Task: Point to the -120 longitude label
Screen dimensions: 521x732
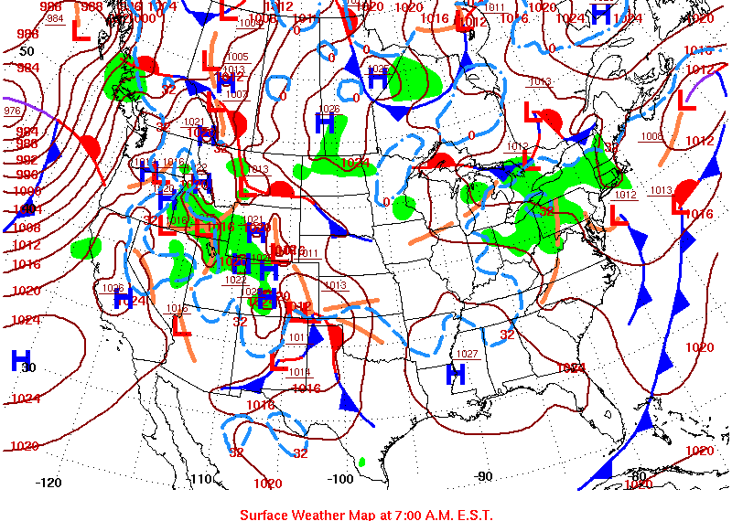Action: tap(48, 482)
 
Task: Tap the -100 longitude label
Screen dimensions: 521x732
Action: tap(340, 479)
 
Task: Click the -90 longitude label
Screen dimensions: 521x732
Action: tap(484, 476)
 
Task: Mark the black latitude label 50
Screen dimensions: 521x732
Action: tap(27, 52)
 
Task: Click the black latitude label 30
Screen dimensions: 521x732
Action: tap(28, 367)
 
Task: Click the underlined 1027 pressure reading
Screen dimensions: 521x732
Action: tap(468, 354)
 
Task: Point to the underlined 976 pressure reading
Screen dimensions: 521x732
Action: tap(13, 111)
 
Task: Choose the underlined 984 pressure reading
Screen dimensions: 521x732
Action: tap(55, 18)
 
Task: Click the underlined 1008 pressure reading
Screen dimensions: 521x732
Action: tap(651, 137)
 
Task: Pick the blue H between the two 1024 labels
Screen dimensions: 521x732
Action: tap(602, 14)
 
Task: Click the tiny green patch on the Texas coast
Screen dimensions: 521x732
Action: tap(362, 462)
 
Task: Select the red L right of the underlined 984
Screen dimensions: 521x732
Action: tap(81, 32)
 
